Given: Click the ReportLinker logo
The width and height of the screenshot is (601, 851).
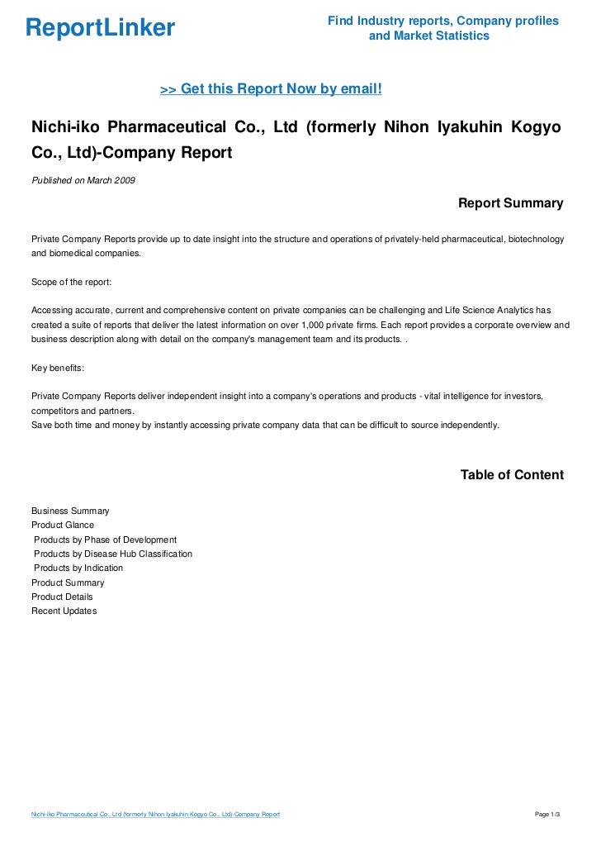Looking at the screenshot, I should pos(100,28).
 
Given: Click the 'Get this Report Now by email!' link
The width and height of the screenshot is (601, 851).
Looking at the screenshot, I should pos(271,88).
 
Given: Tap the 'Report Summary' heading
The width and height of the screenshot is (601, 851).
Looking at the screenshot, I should pos(510,203).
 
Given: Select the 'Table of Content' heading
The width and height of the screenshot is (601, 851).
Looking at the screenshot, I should pos(512,475).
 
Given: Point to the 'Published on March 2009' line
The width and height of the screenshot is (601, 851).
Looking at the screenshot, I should pos(83,180).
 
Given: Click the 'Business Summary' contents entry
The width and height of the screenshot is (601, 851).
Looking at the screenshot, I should pos(70,511).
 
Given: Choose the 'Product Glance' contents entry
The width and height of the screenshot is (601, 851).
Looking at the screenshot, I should pos(63,525).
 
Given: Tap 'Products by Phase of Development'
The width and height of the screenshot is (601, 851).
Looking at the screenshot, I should pos(105,540).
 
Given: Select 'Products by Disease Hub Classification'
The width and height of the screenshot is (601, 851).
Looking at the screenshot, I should pos(113,554).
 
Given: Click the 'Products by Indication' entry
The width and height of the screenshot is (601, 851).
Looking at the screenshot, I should pos(78,568).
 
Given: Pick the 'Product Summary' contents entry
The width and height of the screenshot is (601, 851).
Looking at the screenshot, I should pos(68,582).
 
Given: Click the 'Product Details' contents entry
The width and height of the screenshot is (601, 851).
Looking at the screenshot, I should pos(62,597).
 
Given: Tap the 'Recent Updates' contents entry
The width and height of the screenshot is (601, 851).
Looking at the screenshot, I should pos(64,611).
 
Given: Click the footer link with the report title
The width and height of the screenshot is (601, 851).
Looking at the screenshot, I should pos(155,815).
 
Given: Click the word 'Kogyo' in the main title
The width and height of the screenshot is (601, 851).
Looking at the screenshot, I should pos(537,128).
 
